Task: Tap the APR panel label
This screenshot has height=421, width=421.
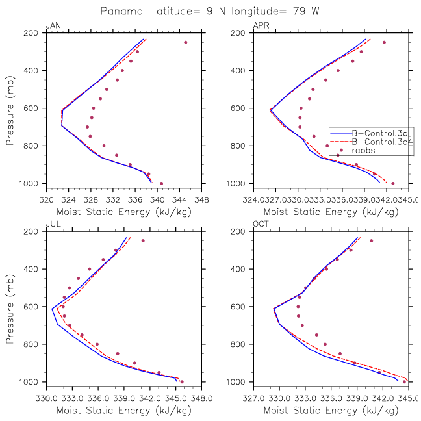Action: pos(260,25)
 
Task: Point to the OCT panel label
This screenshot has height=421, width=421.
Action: pos(260,224)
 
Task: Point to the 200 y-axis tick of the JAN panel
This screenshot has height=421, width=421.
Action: pos(34,33)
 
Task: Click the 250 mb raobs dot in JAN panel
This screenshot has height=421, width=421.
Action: pos(185,42)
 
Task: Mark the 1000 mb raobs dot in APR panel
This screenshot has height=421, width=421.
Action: pos(392,183)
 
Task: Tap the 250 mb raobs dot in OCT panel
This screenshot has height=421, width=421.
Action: pos(371,241)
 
